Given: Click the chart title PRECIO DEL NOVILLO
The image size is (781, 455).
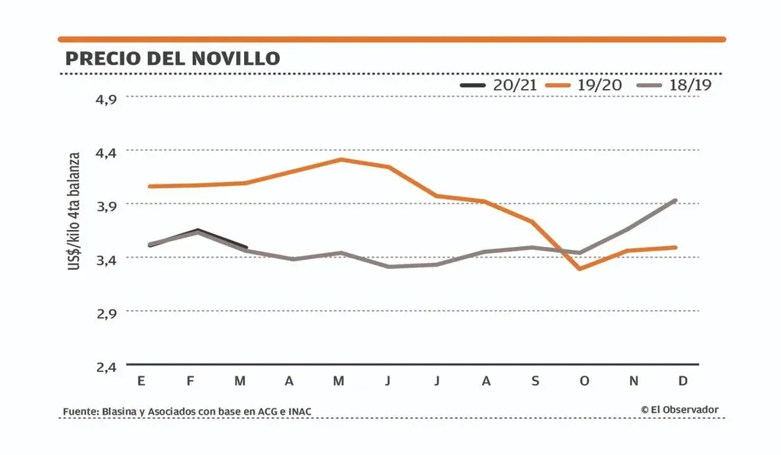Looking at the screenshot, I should click(172, 59).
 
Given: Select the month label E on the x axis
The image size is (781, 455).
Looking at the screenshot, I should click(141, 381).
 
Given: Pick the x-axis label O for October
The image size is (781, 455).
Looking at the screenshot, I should click(584, 381).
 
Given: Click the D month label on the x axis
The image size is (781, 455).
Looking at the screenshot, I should click(683, 381).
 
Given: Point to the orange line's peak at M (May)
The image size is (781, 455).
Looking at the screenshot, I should click(340, 159).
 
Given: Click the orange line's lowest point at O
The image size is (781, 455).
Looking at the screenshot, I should click(580, 268).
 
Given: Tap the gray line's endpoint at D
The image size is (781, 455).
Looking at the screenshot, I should click(676, 200).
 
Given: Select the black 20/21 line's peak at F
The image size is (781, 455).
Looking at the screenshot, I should click(198, 229).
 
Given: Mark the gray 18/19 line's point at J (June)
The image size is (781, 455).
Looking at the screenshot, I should click(388, 266).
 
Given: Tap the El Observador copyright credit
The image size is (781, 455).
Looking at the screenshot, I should click(680, 410).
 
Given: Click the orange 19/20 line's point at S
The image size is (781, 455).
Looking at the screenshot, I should click(532, 222).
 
